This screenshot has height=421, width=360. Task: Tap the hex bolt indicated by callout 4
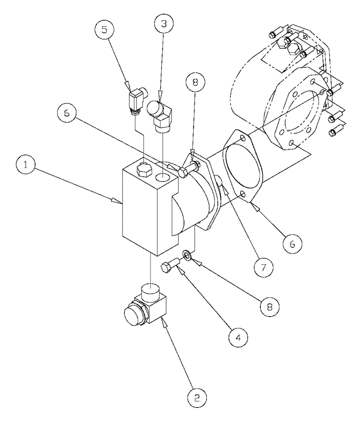pos(171,266)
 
